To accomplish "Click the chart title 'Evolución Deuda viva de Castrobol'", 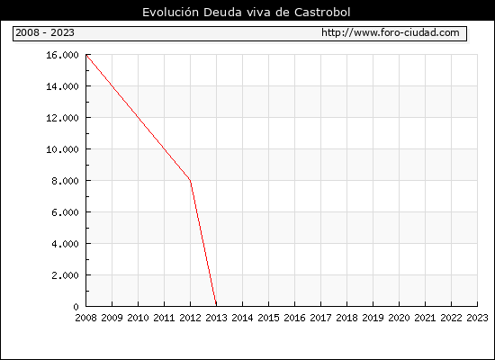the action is (x=247, y=13).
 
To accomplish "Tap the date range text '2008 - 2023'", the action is (x=45, y=32).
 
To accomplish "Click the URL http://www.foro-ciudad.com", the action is (x=391, y=32).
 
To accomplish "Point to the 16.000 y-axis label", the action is (x=62, y=55).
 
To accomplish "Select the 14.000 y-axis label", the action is (x=62, y=86).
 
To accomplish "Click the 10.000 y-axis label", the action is (x=62, y=149).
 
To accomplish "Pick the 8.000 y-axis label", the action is (x=65, y=181).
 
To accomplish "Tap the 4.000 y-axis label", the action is (x=65, y=244).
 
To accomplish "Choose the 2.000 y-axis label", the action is (x=65, y=275).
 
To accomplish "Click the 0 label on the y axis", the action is (x=76, y=307).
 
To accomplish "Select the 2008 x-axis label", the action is (x=85, y=318).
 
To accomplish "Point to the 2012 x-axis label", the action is (x=190, y=318).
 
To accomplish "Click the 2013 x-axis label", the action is (x=216, y=318).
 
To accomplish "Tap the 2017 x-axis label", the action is (x=320, y=318).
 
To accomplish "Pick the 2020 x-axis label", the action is (x=399, y=318).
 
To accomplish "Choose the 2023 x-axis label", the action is (x=477, y=318).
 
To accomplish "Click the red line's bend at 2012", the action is (x=190, y=180).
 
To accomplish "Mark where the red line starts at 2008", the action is (x=86, y=55).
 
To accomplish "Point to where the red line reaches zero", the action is (x=216, y=305).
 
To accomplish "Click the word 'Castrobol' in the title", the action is (x=322, y=13).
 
